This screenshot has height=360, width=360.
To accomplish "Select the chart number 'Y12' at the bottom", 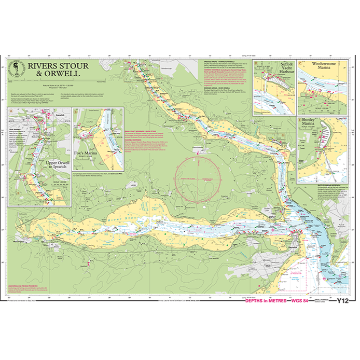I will [343, 301].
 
